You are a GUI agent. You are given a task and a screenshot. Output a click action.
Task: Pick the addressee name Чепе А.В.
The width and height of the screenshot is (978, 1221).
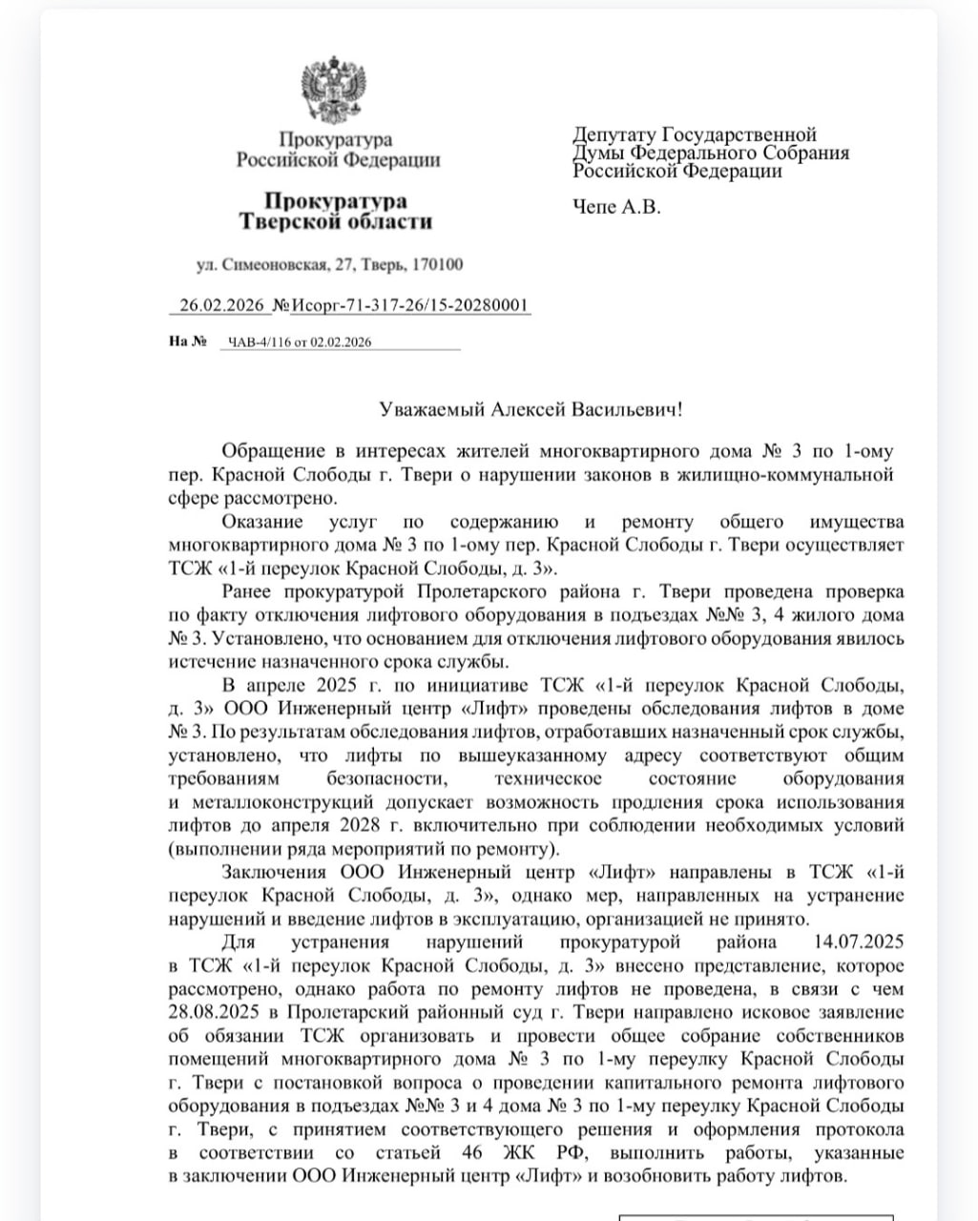point(616,206)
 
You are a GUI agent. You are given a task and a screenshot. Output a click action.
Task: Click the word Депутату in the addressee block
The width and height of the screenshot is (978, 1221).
point(614,135)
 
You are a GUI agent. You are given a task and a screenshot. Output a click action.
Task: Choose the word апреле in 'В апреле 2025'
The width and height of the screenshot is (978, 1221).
point(276,686)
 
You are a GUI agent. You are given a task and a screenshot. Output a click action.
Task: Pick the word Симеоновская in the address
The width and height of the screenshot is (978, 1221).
point(280,264)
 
